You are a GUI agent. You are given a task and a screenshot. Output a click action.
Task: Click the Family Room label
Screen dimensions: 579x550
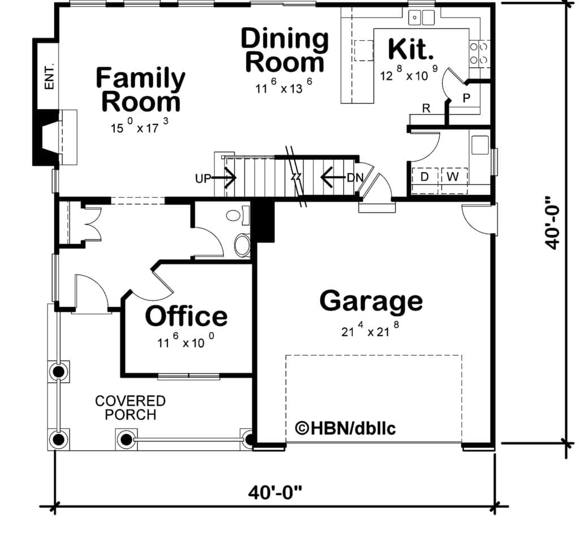140,89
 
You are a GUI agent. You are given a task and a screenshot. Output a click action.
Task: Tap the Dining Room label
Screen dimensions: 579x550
285,50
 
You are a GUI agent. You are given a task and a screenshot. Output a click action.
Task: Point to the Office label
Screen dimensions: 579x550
187,316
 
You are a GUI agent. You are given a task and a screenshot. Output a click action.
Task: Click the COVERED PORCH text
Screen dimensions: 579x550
131,408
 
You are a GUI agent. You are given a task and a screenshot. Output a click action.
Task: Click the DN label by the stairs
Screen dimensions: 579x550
355,178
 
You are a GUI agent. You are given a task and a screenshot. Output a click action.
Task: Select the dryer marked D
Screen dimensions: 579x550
425,181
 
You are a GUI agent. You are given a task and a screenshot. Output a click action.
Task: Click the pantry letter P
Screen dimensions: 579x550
466,98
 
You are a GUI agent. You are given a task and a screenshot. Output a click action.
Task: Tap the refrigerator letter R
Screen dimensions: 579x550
426,108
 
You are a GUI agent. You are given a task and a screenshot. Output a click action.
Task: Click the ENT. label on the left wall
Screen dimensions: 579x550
49,77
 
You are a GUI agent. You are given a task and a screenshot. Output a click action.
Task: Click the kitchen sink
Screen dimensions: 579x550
421,18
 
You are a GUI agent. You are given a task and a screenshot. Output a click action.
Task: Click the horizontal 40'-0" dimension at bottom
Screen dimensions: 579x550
275,492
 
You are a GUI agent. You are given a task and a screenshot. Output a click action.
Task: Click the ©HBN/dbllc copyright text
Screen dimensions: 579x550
345,428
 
